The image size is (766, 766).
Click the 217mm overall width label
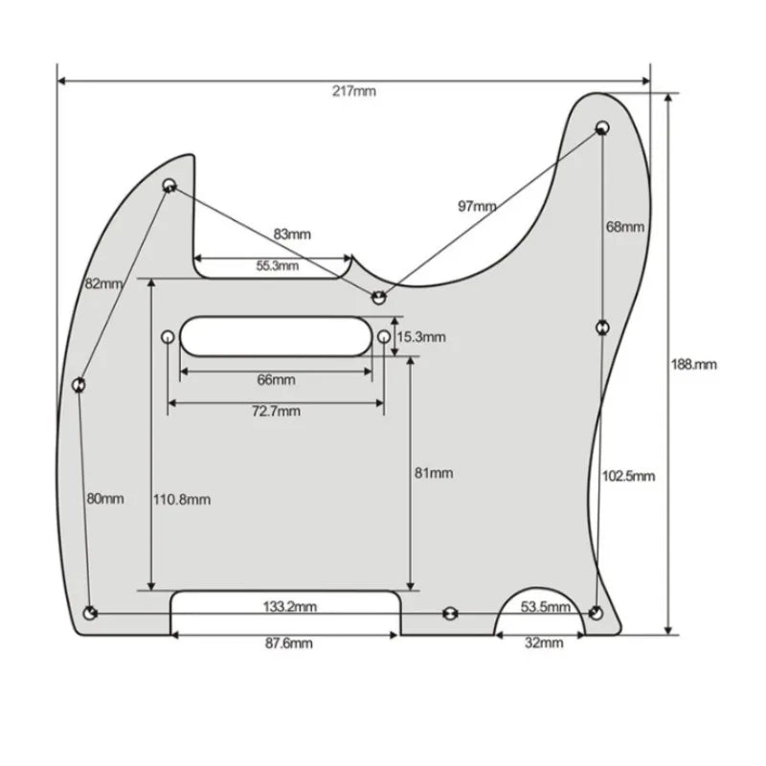click(x=354, y=91)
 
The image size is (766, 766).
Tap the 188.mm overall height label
click(x=693, y=365)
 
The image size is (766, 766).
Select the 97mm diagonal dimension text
click(x=477, y=207)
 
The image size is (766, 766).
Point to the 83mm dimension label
click(x=292, y=235)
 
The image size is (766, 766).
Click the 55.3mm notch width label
click(x=278, y=266)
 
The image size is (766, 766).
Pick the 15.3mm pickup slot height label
click(x=421, y=337)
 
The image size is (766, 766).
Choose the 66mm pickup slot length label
click(x=277, y=379)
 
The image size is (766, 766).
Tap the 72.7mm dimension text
click(x=276, y=411)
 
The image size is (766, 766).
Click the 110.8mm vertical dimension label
click(x=182, y=500)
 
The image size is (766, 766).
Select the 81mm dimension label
click(x=434, y=473)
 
